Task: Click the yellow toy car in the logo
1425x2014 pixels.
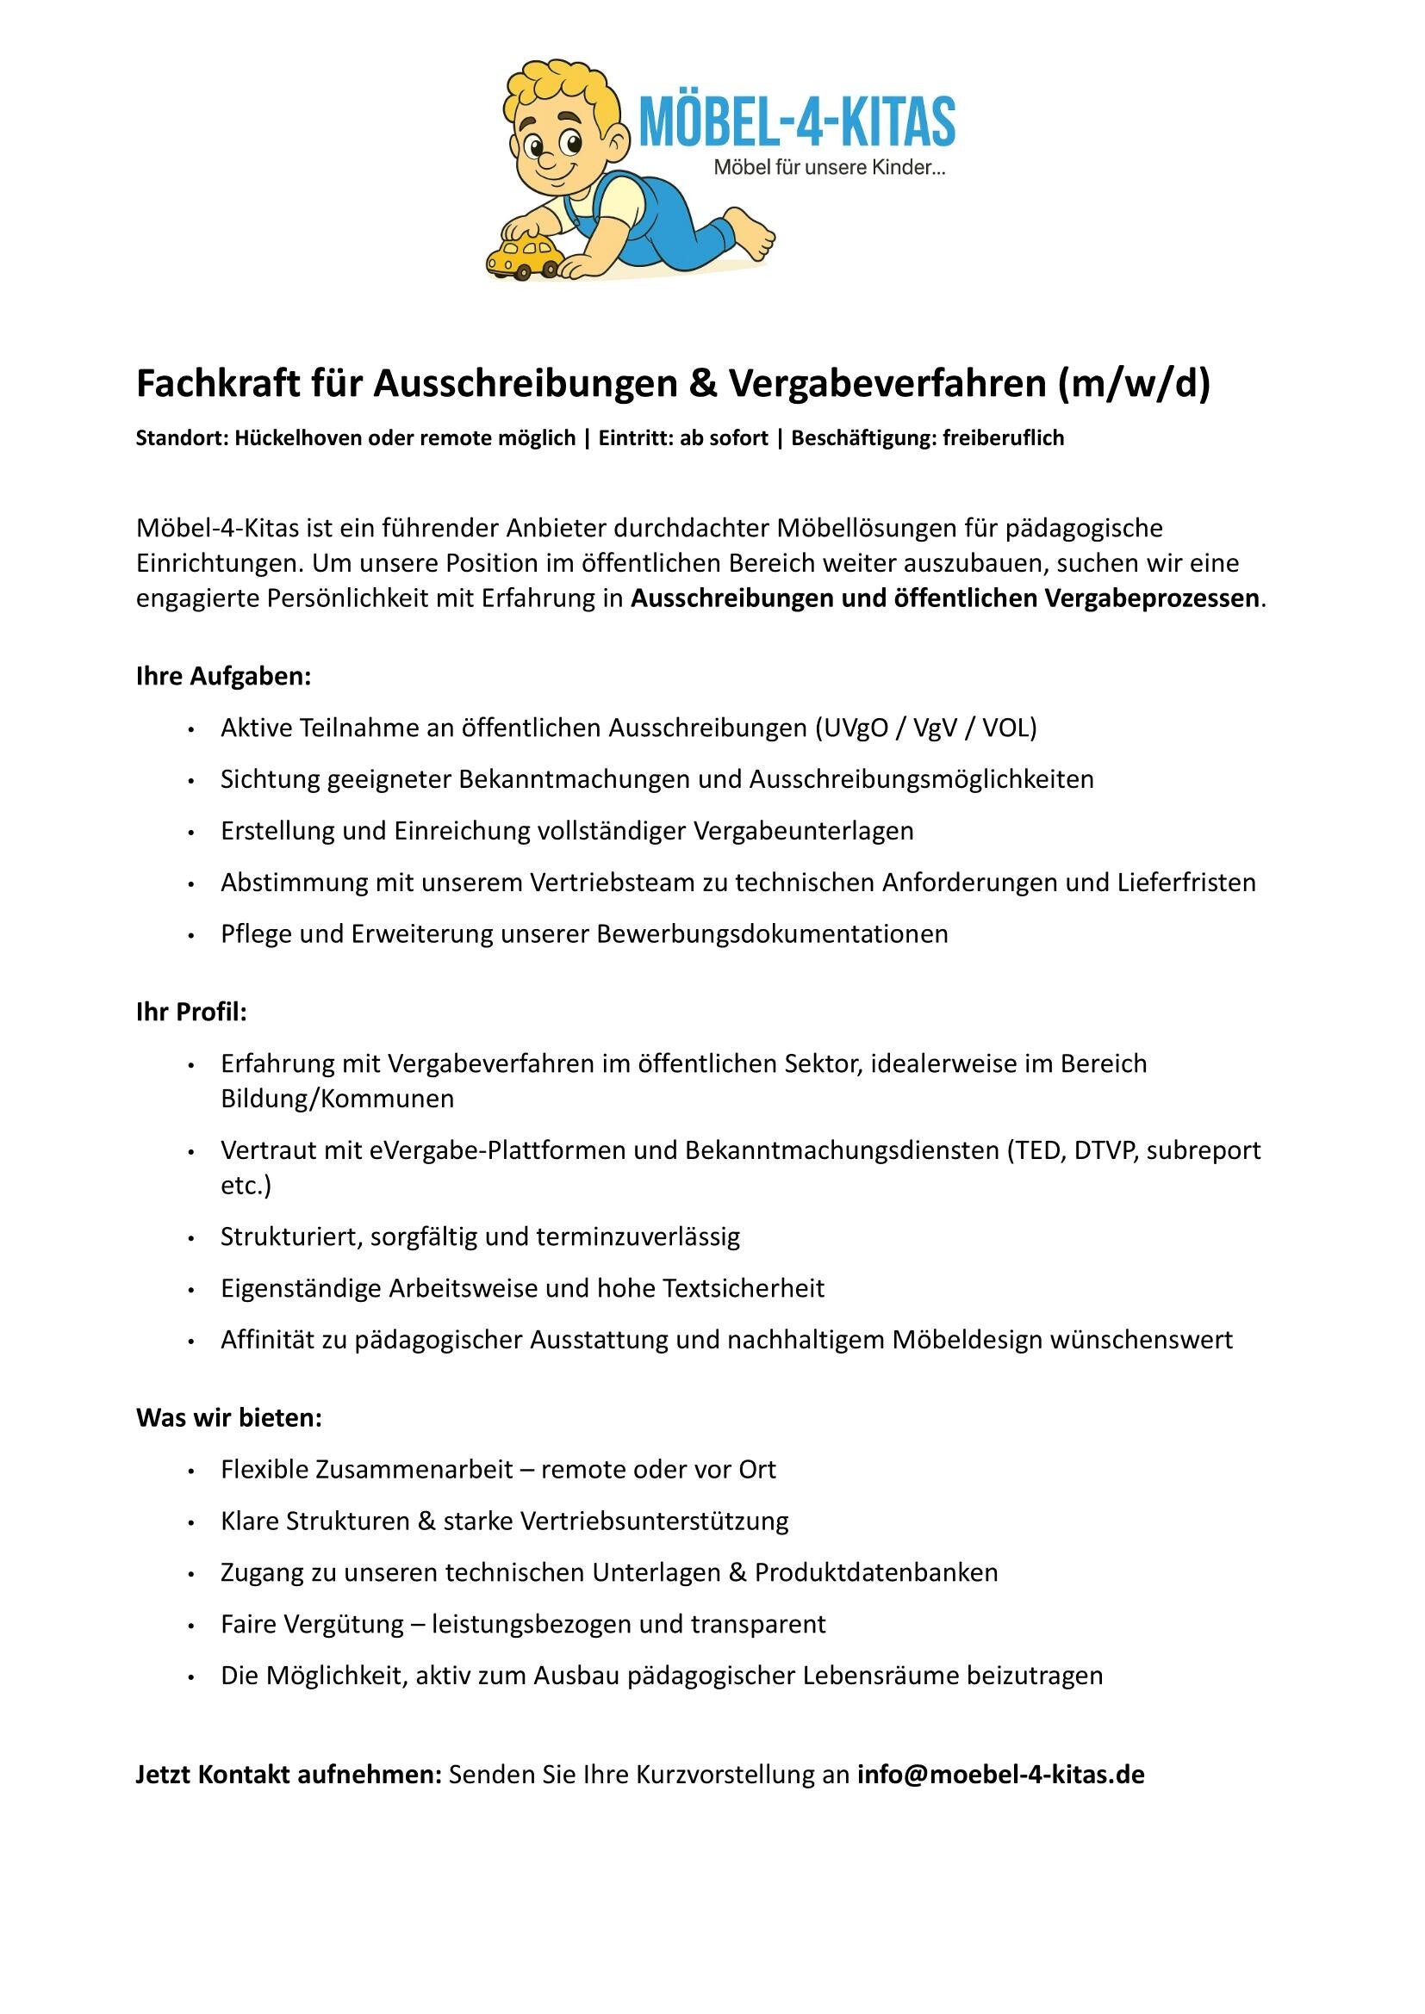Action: point(524,254)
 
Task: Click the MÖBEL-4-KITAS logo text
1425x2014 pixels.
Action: point(797,122)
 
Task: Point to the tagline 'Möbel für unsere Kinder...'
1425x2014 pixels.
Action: point(829,167)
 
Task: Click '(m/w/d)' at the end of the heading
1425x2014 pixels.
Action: point(1134,384)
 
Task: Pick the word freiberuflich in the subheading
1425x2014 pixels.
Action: point(1003,437)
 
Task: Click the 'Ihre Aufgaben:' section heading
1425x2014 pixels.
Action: point(224,676)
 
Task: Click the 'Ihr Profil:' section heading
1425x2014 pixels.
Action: point(191,1013)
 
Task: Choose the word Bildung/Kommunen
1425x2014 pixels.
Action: point(337,1099)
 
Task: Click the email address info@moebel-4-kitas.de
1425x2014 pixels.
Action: point(1000,1775)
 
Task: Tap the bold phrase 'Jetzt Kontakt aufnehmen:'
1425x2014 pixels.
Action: point(289,1775)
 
